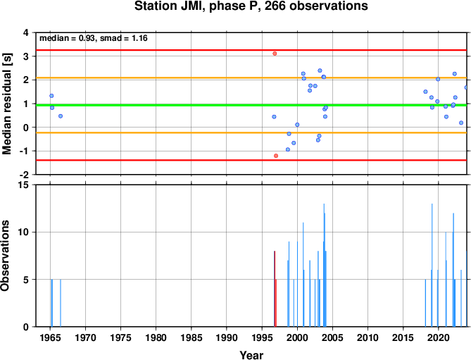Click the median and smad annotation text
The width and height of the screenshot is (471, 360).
click(x=94, y=38)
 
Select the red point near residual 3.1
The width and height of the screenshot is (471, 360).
click(x=275, y=54)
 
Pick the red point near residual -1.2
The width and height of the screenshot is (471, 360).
click(x=276, y=156)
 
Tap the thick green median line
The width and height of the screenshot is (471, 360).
click(x=251, y=105)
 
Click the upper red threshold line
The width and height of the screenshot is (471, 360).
click(x=251, y=50)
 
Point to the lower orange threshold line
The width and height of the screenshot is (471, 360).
click(x=251, y=132)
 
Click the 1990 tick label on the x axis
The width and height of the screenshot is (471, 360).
click(x=227, y=337)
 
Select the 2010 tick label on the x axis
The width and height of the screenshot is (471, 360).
click(x=368, y=337)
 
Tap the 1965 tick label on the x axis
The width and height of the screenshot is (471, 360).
click(x=50, y=337)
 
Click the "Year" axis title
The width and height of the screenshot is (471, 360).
click(x=251, y=355)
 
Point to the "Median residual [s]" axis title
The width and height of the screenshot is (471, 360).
click(x=6, y=104)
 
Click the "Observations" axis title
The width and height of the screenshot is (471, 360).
click(x=5, y=256)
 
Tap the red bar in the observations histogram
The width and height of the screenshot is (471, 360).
click(x=275, y=289)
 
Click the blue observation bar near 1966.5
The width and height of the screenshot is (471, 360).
click(x=61, y=303)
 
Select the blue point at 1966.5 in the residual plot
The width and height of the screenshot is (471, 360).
click(x=61, y=116)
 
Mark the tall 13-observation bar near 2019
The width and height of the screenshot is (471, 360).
click(x=432, y=265)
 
